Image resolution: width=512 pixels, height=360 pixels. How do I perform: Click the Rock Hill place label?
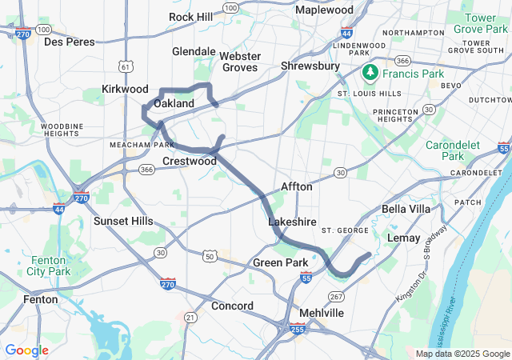[x=191, y=17]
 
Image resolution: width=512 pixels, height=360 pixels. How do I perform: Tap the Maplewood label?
[x=324, y=10]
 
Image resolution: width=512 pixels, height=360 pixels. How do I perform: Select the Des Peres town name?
[x=69, y=42]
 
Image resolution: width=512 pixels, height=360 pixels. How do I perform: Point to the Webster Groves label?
[x=240, y=62]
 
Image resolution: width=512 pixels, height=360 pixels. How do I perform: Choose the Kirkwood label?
[x=125, y=89]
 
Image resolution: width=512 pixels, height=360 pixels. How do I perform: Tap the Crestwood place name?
[x=190, y=161]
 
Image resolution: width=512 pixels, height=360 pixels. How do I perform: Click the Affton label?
[x=296, y=186]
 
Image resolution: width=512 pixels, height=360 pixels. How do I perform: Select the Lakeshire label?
[x=292, y=222]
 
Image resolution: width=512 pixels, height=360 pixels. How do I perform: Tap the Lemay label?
[x=403, y=238]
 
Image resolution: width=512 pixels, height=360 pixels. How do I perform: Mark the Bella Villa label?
[x=407, y=209]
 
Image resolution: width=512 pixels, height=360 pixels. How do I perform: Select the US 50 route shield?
[x=209, y=256]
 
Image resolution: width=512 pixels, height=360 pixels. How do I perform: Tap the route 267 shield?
[x=336, y=296]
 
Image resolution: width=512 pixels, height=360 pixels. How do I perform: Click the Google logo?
[x=26, y=350]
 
